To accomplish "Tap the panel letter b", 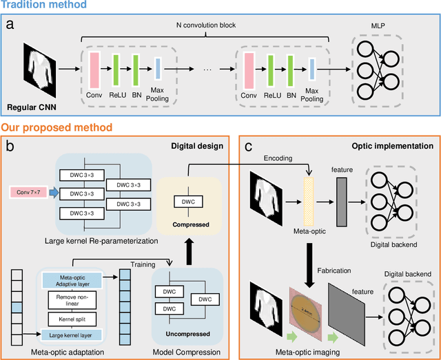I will point(10,146).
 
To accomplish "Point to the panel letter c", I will point(248,146).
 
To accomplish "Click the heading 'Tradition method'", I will point(43,6).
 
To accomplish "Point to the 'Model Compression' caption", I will point(186,352).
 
